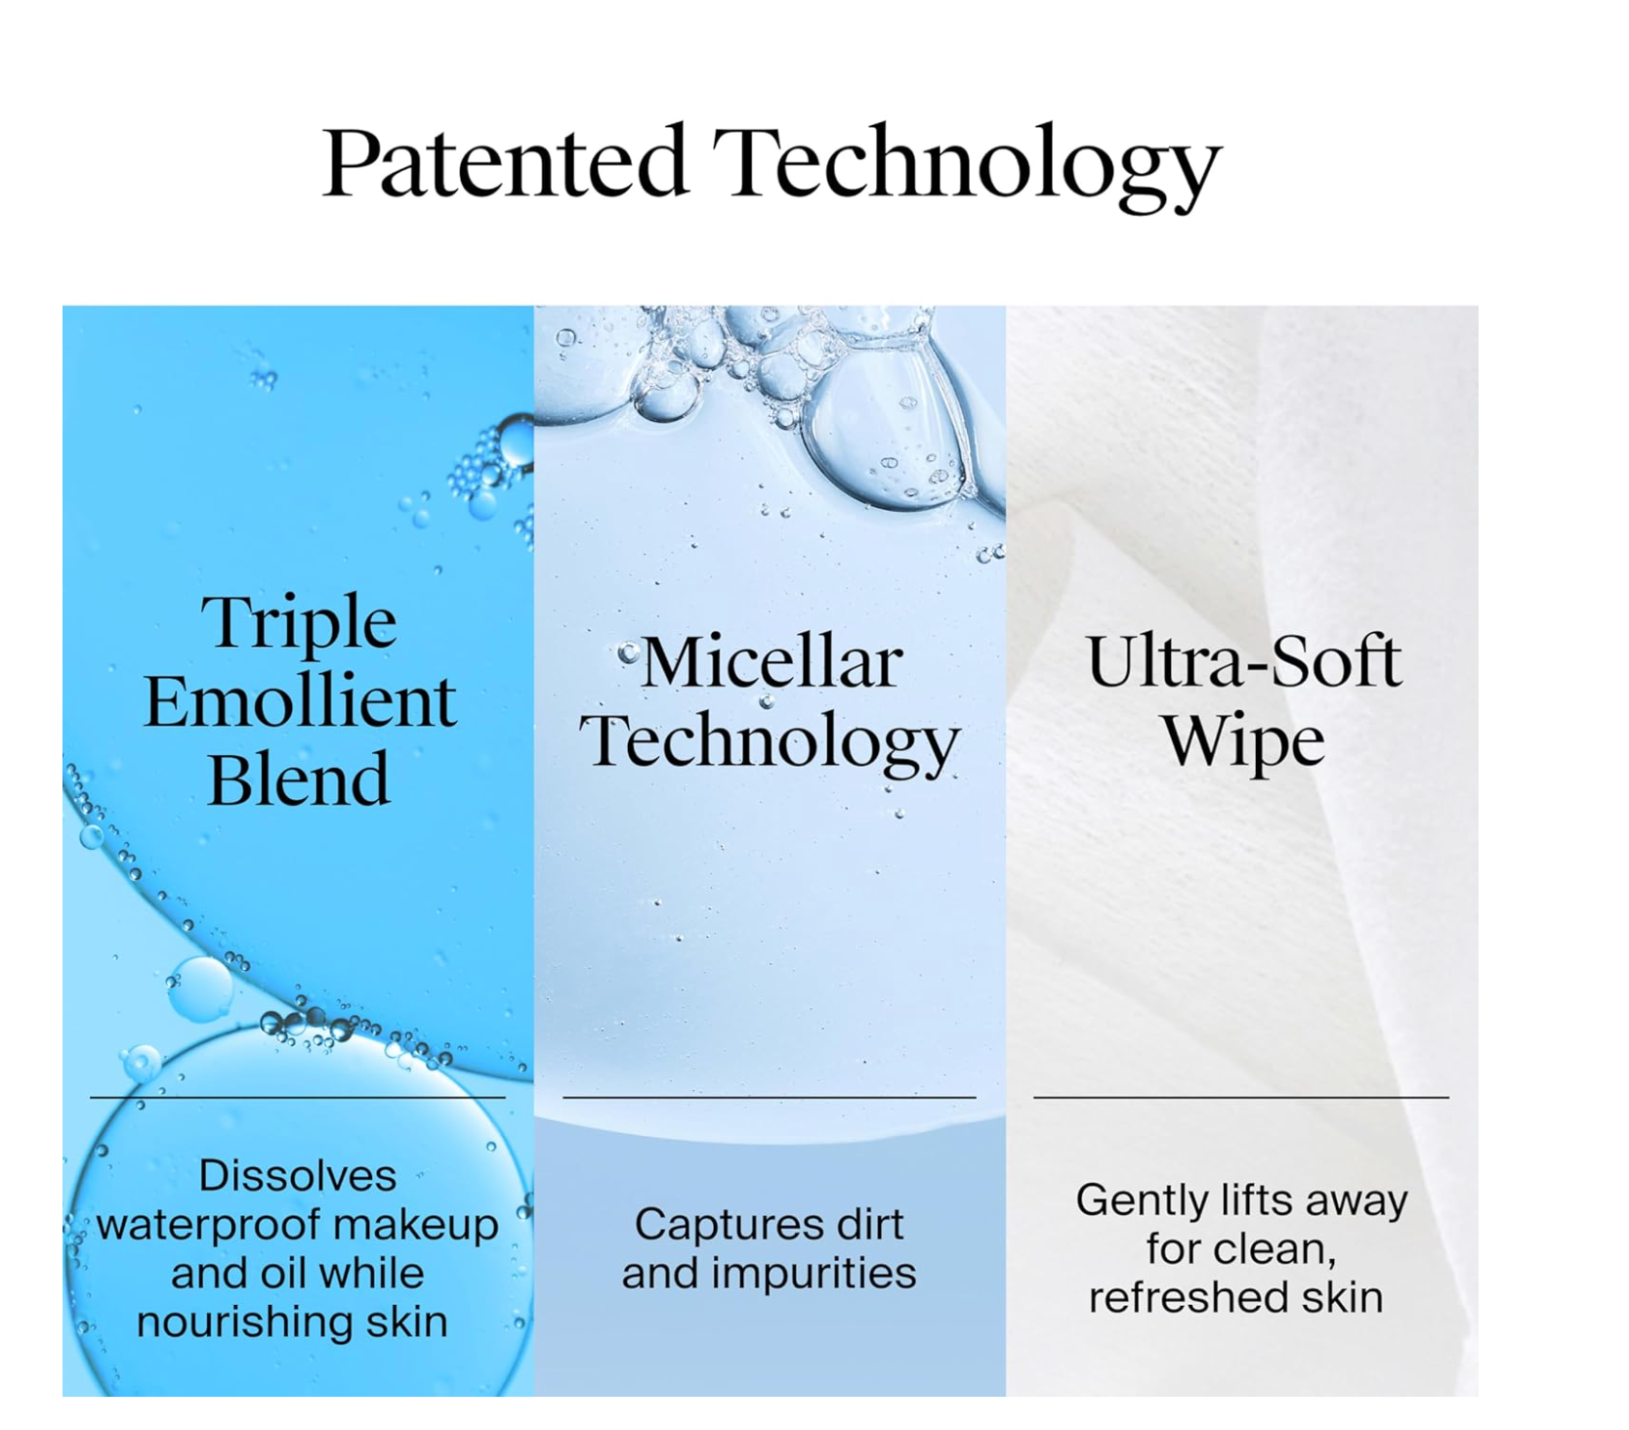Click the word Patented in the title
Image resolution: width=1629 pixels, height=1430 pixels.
[504, 161]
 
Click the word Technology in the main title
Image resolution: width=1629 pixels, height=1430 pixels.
[966, 166]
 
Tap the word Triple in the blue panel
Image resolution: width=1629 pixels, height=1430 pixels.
[299, 622]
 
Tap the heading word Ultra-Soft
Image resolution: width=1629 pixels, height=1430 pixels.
[1243, 661]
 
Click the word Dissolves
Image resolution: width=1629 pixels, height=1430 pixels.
[298, 1175]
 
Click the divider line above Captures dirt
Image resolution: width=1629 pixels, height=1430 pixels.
[770, 1098]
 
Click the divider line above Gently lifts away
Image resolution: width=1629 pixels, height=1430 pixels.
[1241, 1098]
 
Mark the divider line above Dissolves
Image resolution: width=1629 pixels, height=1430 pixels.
[298, 1098]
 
